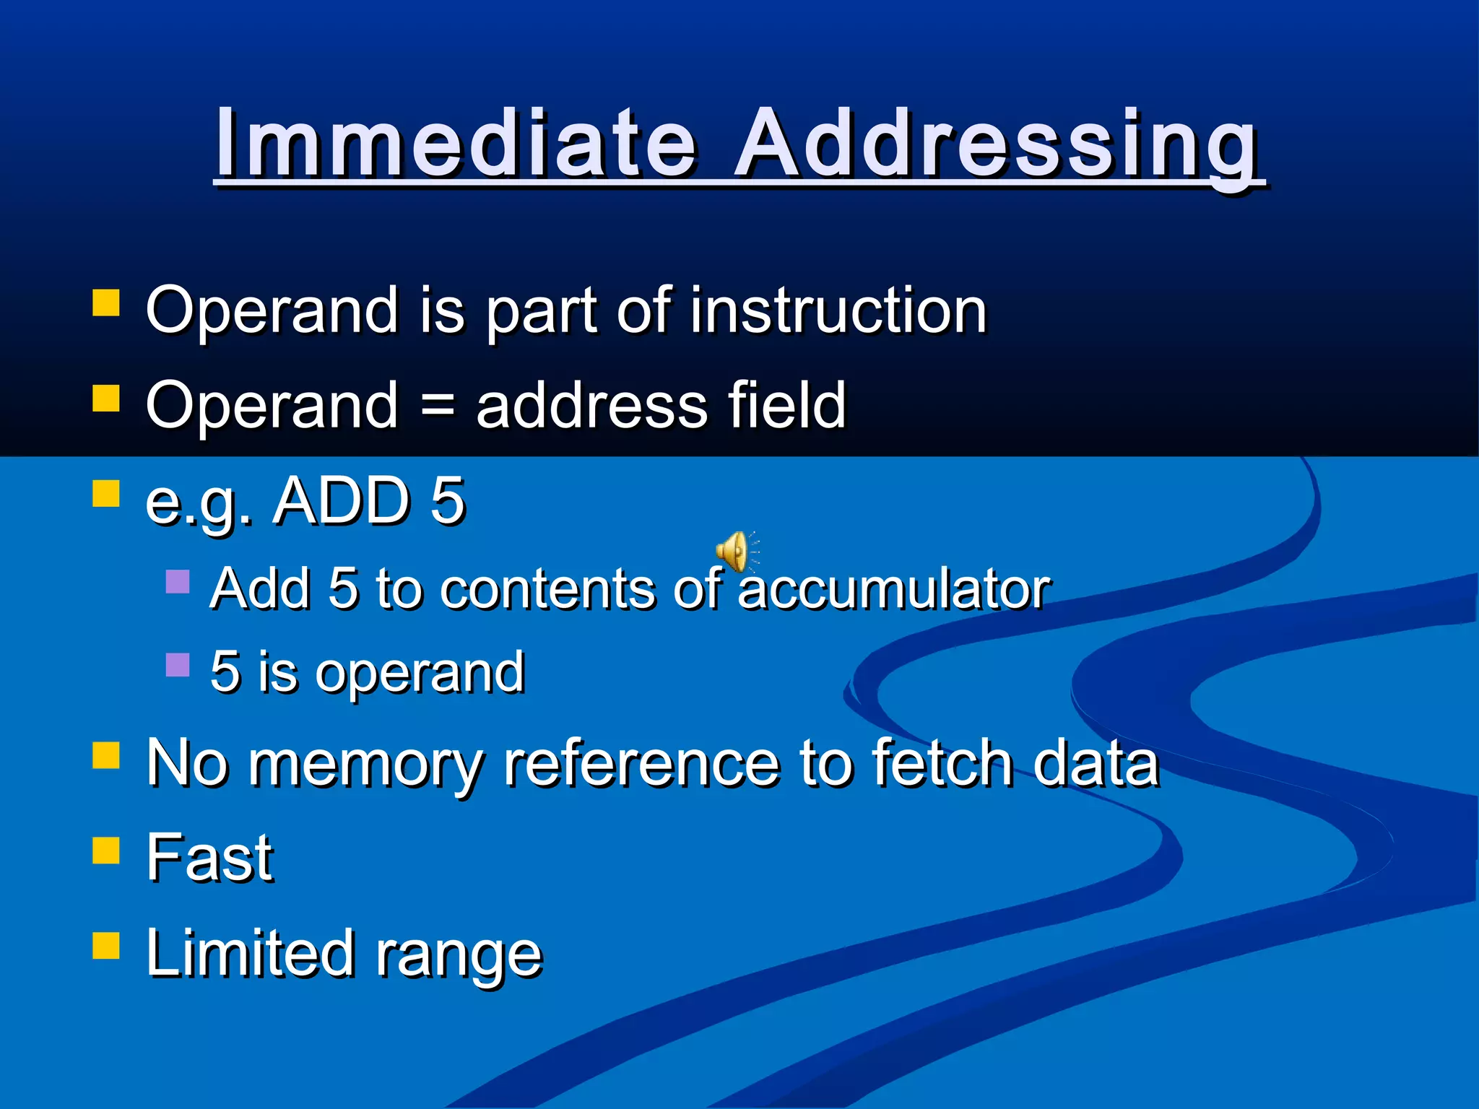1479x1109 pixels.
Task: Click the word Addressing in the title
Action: click(x=997, y=144)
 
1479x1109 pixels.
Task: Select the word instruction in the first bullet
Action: click(x=838, y=310)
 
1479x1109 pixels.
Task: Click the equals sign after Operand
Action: click(x=437, y=406)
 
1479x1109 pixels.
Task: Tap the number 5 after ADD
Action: click(x=448, y=501)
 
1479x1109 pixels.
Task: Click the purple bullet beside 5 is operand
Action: click(x=177, y=664)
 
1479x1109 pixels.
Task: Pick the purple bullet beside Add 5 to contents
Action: click(x=177, y=581)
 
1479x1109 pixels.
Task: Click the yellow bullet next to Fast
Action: click(x=106, y=850)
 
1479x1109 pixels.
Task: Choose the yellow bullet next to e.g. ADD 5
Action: click(x=106, y=495)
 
